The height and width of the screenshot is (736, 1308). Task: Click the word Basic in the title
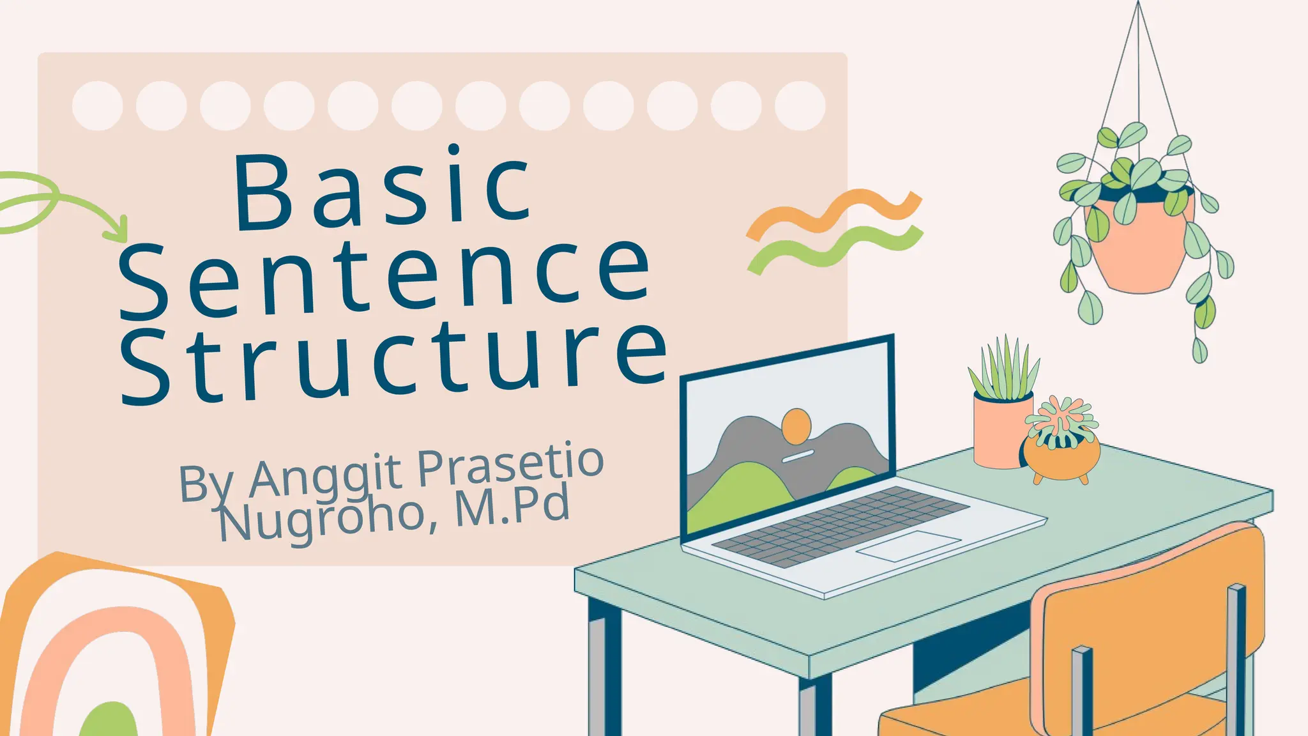click(383, 188)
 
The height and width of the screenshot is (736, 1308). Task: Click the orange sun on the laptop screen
click(796, 426)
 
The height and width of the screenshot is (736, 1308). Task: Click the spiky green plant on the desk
click(1004, 371)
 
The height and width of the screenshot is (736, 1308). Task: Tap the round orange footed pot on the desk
click(1062, 455)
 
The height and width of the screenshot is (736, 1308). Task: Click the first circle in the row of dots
click(98, 105)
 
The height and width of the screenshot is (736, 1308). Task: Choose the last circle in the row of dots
click(800, 105)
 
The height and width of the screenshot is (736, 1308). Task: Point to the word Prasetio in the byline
click(510, 464)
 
